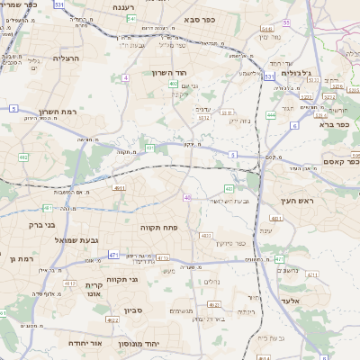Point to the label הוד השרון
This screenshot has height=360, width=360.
[167, 71]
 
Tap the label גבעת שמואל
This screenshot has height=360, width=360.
[59, 241]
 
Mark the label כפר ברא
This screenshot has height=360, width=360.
[332, 124]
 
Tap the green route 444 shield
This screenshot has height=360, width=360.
[271, 115]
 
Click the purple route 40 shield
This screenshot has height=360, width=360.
[188, 197]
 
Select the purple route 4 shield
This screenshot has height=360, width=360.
[126, 78]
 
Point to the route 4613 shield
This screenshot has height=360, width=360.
[70, 283]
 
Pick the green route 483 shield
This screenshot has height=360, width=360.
[229, 188]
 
